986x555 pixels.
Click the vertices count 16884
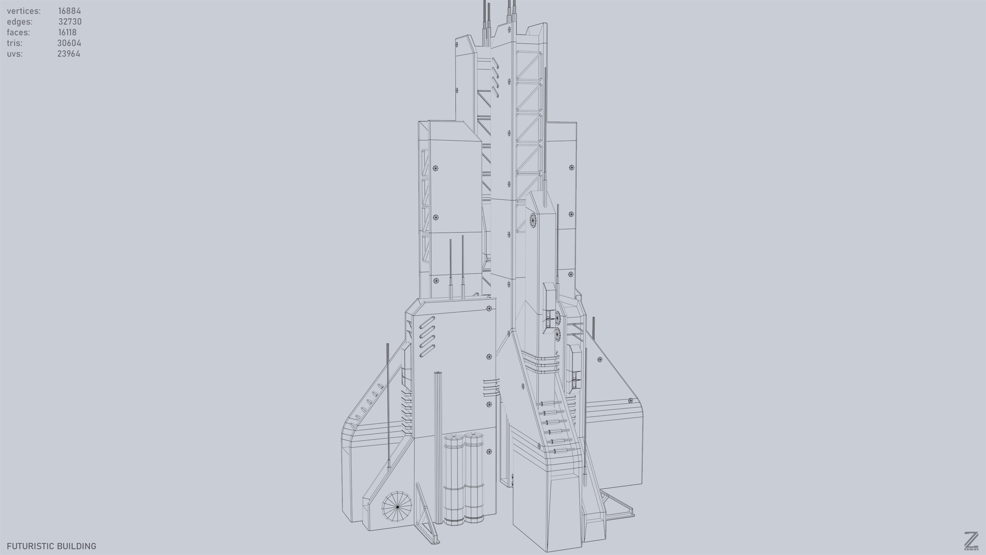click(x=69, y=11)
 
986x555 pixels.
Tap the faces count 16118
click(x=67, y=32)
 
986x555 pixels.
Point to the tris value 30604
click(x=69, y=43)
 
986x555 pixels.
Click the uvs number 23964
click(x=68, y=54)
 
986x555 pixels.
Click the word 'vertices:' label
click(x=23, y=11)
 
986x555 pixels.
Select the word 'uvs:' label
click(x=14, y=54)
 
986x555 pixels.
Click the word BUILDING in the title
click(x=78, y=546)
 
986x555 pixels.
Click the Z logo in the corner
click(x=971, y=541)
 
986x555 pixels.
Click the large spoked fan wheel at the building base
click(x=397, y=506)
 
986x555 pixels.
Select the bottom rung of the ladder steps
click(x=560, y=451)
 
